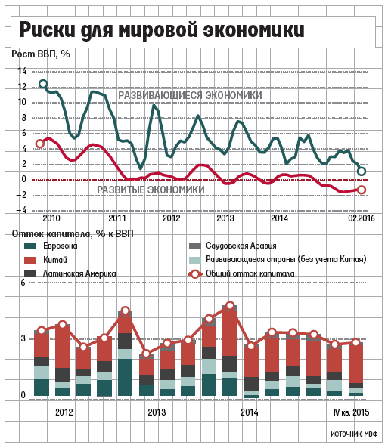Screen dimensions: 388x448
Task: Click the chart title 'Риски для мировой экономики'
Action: point(162,29)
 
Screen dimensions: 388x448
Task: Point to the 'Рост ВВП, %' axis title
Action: point(41,54)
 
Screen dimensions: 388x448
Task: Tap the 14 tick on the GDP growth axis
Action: point(22,71)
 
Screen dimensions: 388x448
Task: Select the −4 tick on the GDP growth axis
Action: point(21,210)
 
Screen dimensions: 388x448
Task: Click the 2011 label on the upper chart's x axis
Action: point(116,218)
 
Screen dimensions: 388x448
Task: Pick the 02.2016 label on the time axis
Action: point(361,218)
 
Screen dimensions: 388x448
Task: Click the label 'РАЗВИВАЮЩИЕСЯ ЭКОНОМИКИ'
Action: point(190,95)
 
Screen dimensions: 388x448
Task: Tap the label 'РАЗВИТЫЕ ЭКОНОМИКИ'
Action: point(151,190)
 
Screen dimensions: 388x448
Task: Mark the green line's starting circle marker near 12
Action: point(43,84)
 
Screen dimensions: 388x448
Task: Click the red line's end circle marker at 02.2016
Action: point(362,190)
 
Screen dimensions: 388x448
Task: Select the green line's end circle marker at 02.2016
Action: point(362,171)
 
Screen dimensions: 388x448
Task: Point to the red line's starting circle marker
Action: point(40,144)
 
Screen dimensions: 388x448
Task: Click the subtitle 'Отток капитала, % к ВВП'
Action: point(73,234)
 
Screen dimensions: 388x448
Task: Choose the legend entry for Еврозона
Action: point(51,246)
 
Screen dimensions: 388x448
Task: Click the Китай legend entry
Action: point(46,260)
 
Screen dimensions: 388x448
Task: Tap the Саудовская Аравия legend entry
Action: point(233,246)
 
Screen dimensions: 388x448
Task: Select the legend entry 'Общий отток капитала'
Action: point(241,273)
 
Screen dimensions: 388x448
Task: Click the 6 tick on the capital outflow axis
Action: point(23,283)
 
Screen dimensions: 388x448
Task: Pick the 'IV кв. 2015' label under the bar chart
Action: point(352,412)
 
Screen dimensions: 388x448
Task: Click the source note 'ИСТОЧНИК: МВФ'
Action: point(354,434)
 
